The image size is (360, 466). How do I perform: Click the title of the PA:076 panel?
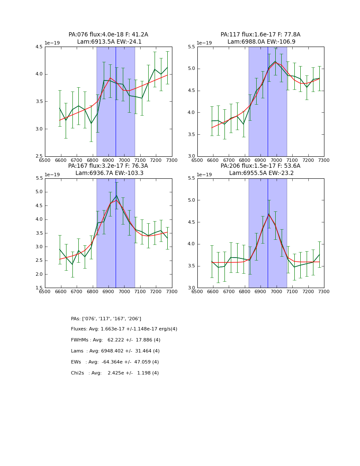click(x=108, y=38)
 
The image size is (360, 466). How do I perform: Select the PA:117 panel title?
click(x=260, y=38)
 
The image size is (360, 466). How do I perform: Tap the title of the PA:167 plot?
click(x=108, y=169)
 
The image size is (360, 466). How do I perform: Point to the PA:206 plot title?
click(x=260, y=169)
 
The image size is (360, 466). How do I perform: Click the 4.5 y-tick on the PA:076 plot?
click(x=39, y=47)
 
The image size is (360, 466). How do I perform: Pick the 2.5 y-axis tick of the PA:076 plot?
click(x=39, y=156)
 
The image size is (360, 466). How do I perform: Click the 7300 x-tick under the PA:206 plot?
click(x=324, y=291)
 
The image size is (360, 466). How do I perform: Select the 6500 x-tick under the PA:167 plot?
click(x=45, y=291)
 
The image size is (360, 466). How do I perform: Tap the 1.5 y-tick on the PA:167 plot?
click(x=39, y=288)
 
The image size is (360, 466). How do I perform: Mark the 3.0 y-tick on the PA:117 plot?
click(x=191, y=156)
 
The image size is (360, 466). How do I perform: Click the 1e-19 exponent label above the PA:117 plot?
click(x=205, y=43)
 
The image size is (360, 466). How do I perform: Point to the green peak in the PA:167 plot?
click(x=116, y=196)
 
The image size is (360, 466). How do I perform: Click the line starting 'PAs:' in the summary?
click(x=106, y=319)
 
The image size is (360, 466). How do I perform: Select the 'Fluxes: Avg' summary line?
click(x=124, y=329)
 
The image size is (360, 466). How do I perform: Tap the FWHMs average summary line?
click(x=116, y=340)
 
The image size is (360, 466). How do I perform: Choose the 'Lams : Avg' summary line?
click(x=115, y=351)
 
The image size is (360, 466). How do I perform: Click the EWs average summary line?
click(x=115, y=362)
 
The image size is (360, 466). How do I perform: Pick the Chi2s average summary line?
click(x=115, y=373)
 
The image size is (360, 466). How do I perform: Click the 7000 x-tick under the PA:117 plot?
click(x=277, y=160)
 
